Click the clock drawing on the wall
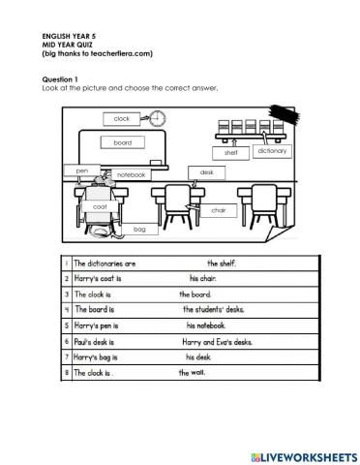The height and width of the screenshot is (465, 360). click(158, 118)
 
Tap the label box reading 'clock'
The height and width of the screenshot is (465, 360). click(121, 118)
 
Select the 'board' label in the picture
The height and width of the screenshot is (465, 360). click(122, 142)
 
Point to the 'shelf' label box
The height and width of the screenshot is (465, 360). click(230, 152)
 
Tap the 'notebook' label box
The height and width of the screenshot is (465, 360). click(131, 174)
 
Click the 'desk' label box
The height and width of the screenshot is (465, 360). click(206, 171)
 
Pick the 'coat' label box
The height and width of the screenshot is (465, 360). click(100, 206)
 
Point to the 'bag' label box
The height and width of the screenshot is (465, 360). click(139, 229)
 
